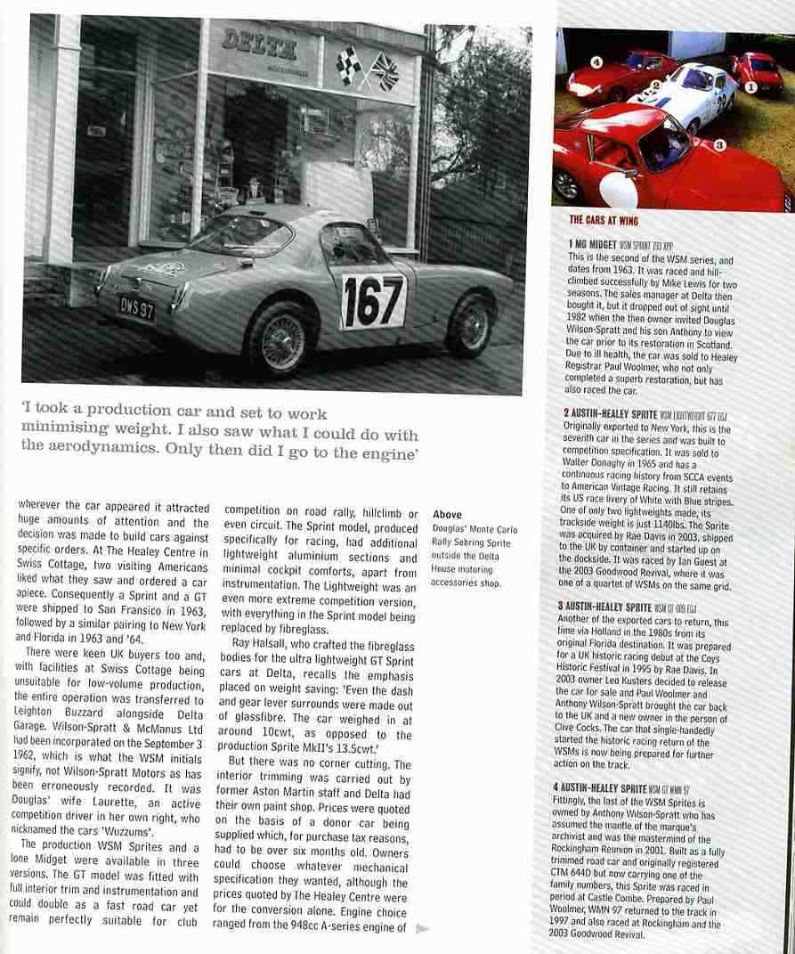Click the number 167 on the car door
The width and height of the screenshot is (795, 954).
click(372, 301)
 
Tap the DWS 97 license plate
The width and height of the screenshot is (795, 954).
click(138, 308)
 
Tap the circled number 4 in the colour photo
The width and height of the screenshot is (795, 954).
click(595, 62)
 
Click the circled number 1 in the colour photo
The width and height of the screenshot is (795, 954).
click(750, 88)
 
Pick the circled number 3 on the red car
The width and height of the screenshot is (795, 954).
click(719, 143)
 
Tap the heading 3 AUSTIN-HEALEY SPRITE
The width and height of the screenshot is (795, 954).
click(616, 606)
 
